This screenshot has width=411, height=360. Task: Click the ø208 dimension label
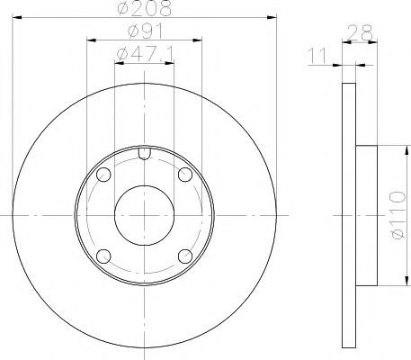145,8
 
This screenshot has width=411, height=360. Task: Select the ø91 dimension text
146,31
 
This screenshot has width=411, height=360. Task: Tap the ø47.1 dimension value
145,55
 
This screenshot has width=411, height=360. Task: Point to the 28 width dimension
361,32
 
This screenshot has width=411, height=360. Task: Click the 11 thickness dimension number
317,56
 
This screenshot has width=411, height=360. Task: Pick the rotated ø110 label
398,215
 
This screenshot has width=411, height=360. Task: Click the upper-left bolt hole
103,175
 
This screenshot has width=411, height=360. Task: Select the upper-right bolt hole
185,175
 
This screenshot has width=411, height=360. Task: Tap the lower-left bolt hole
103,256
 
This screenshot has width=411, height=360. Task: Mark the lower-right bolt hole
185,256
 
